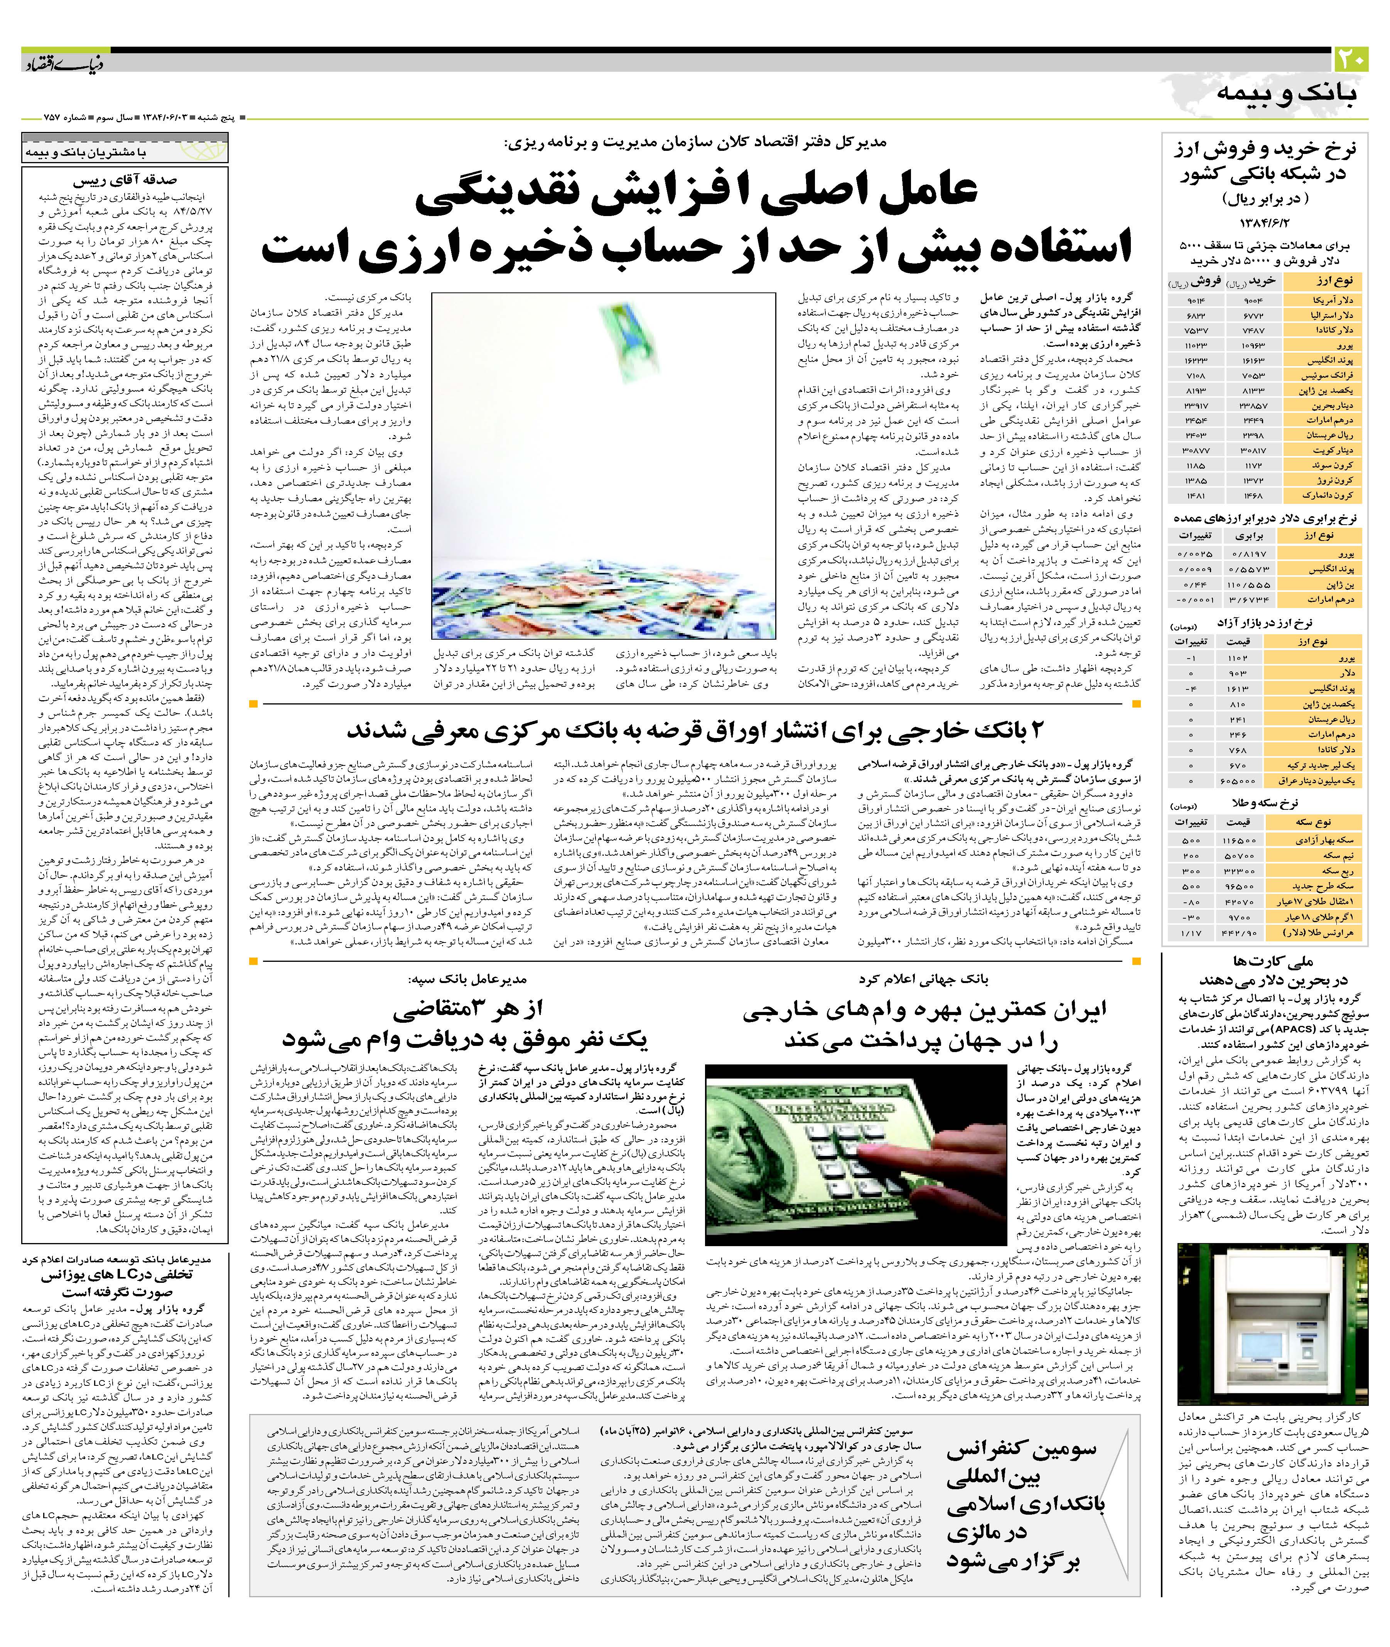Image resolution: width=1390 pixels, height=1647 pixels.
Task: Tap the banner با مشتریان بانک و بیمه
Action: pyautogui.click(x=85, y=152)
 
